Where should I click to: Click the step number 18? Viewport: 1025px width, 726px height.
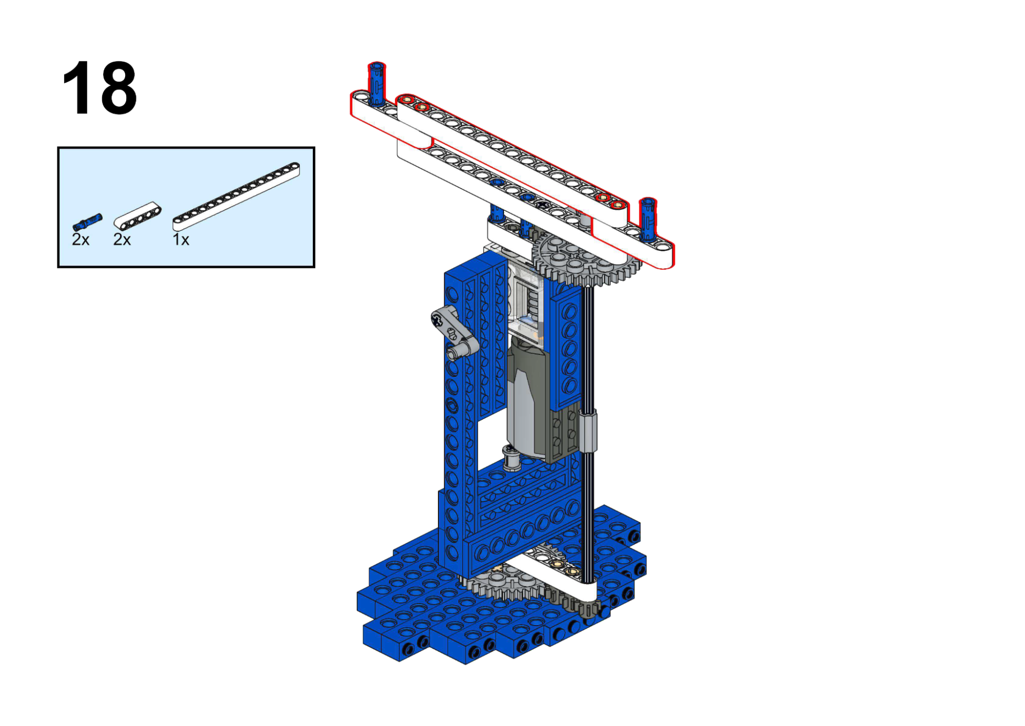pyautogui.click(x=99, y=88)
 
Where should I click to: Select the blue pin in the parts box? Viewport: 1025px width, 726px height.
pyautogui.click(x=87, y=222)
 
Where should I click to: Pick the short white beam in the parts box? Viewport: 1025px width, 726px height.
pyautogui.click(x=137, y=216)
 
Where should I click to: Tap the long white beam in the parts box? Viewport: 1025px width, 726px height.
pyautogui.click(x=236, y=196)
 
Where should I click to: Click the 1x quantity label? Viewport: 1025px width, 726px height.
pyautogui.click(x=181, y=239)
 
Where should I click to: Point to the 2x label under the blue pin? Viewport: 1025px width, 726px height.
pyautogui.click(x=81, y=239)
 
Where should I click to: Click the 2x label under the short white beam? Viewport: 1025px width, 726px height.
pyautogui.click(x=122, y=239)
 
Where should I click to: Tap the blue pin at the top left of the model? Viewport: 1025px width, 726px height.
pyautogui.click(x=377, y=84)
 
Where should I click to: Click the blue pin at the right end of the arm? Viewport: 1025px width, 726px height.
pyautogui.click(x=648, y=219)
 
